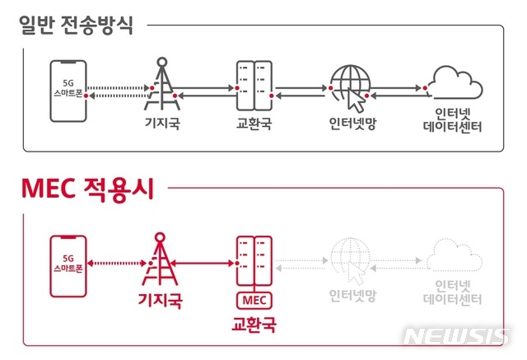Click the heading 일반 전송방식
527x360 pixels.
click(76, 26)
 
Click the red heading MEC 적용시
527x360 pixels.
click(88, 189)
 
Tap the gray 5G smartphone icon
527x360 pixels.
click(68, 91)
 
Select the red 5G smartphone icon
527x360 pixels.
click(68, 266)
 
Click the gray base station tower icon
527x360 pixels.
click(162, 84)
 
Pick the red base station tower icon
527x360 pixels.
click(160, 259)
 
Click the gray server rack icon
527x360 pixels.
click(254, 86)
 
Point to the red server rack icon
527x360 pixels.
click(254, 261)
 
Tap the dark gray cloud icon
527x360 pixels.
click(455, 82)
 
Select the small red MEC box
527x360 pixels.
click(254, 300)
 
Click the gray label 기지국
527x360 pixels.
click(163, 123)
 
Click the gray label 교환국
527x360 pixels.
click(254, 123)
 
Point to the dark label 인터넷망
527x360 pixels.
click(352, 124)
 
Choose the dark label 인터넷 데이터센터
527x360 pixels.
click(452, 120)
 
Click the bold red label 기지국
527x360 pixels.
click(161, 300)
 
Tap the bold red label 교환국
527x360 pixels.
click(254, 325)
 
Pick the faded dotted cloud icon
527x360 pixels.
click(455, 255)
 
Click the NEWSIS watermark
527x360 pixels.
click(456, 336)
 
